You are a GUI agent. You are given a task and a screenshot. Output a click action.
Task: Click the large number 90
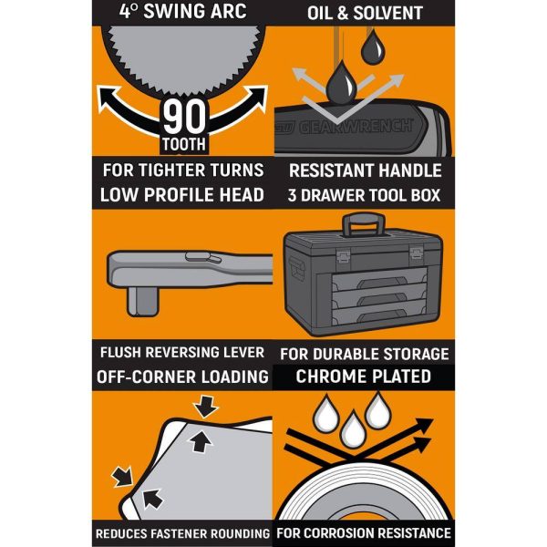184,117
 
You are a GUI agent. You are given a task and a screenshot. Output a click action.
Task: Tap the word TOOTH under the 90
184,144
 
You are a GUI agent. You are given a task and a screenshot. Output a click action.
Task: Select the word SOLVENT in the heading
388,14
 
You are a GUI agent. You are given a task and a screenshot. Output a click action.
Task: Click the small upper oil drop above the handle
373,47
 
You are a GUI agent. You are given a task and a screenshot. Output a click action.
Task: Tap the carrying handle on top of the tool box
364,224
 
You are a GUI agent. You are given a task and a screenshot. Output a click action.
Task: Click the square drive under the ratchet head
143,300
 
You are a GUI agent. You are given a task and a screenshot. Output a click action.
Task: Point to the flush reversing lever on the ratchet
203,257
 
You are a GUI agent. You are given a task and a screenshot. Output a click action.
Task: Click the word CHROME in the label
330,377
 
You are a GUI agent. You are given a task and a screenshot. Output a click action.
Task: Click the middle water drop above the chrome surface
353,428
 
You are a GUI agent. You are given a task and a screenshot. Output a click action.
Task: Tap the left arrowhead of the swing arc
108,98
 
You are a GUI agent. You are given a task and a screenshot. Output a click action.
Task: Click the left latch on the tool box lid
343,255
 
